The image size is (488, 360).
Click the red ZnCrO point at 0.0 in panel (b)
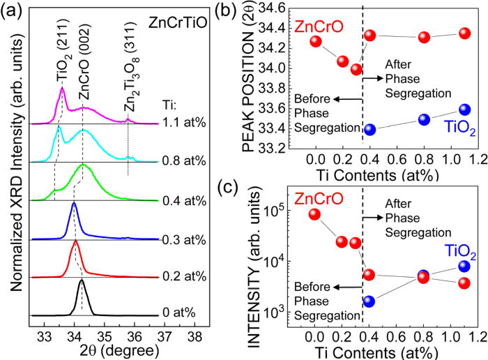pyautogui.click(x=316, y=41)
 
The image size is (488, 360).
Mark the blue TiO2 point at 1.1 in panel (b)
pyautogui.click(x=465, y=109)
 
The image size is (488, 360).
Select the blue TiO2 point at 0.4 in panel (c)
pyautogui.click(x=369, y=301)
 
